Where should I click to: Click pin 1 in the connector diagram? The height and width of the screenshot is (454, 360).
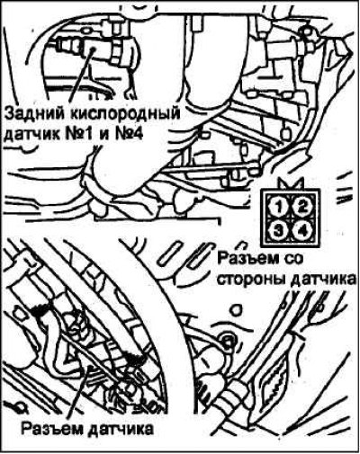(x=279, y=206)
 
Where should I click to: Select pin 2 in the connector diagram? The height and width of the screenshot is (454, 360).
(x=302, y=206)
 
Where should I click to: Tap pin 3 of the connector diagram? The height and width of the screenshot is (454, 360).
(x=279, y=230)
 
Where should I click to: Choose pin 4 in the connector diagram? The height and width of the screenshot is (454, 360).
(x=302, y=230)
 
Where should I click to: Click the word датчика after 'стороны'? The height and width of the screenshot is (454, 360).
(x=323, y=280)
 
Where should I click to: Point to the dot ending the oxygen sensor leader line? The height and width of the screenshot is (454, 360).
(x=94, y=48)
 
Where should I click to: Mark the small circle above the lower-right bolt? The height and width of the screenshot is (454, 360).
(x=236, y=310)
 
